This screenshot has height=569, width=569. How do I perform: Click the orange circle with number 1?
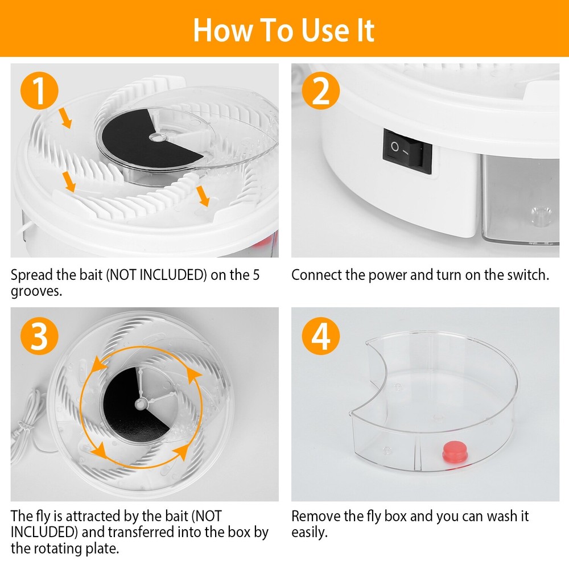click(x=38, y=92)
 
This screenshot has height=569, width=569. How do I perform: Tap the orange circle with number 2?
click(x=320, y=92)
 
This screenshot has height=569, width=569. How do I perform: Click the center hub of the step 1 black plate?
click(x=154, y=137)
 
